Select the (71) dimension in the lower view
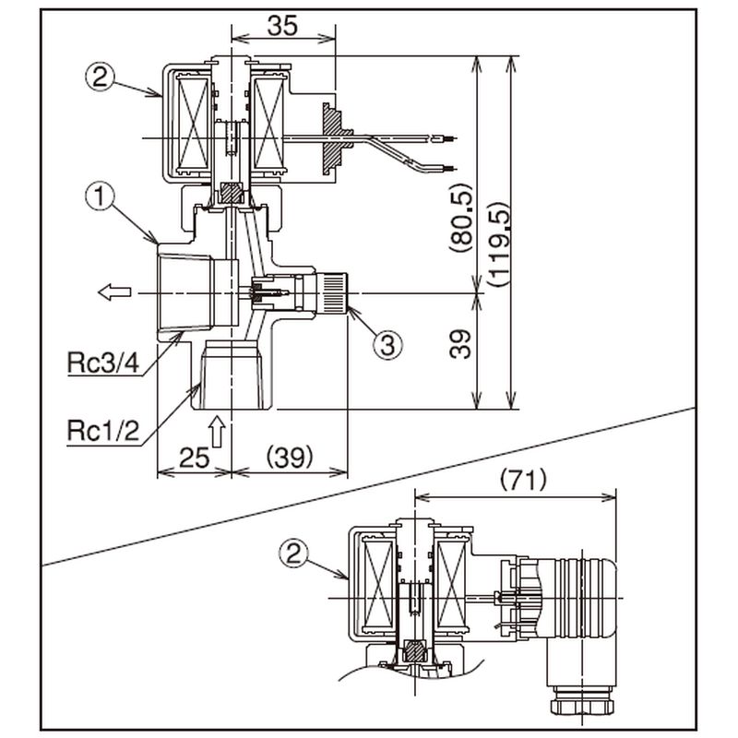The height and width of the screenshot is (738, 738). pos(522,481)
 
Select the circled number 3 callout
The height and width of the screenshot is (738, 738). pos(388,345)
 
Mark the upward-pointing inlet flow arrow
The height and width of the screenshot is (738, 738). pos(217,432)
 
